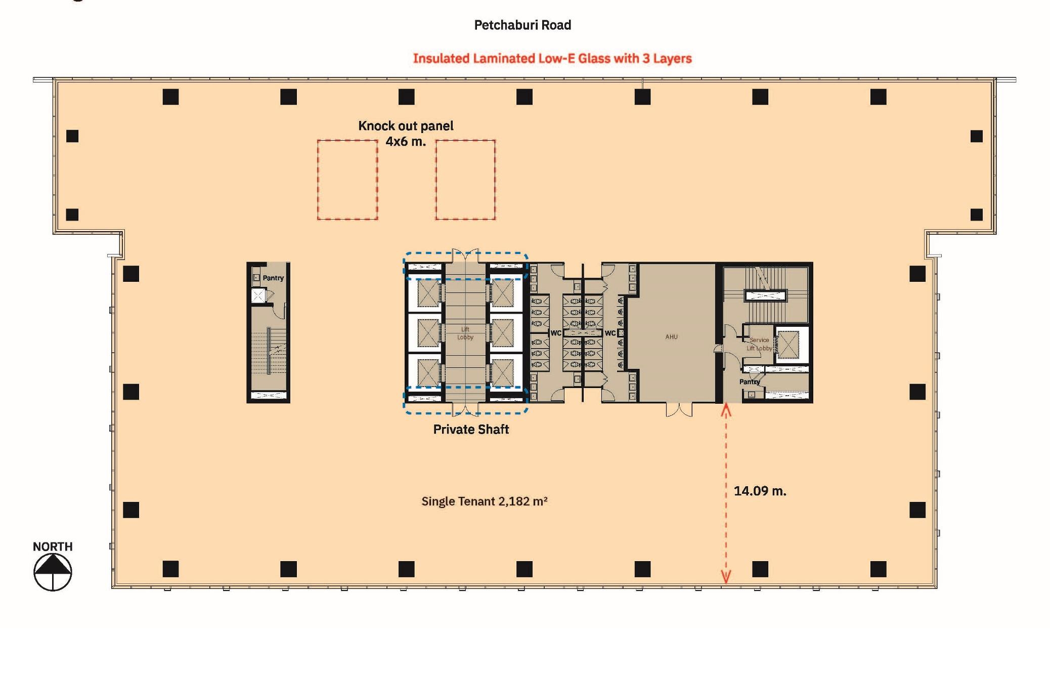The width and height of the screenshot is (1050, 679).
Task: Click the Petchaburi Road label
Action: click(x=522, y=25)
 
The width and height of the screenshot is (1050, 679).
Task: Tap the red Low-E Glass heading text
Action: click(x=552, y=58)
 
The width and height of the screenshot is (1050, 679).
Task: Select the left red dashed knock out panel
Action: click(x=347, y=180)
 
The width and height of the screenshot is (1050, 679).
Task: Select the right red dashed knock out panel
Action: click(x=465, y=180)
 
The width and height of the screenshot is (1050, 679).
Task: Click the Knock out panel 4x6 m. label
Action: click(x=406, y=134)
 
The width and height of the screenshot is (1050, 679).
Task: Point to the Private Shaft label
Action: click(x=471, y=429)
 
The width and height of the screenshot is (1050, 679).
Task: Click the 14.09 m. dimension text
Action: click(x=760, y=491)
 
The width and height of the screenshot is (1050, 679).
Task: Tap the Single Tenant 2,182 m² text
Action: click(x=484, y=501)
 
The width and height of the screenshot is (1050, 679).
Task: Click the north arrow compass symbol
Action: click(x=53, y=572)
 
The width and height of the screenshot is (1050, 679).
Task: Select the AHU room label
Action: click(x=671, y=336)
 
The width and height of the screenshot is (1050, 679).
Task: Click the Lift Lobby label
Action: click(x=465, y=333)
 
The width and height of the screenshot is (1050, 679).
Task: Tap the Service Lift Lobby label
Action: click(x=759, y=344)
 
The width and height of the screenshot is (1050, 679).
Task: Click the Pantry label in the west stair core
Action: click(x=273, y=278)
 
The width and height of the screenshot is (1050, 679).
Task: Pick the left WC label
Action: click(x=555, y=333)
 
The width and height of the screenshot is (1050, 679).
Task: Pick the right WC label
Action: click(x=610, y=333)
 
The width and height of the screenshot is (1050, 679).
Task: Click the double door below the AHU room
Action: click(x=679, y=410)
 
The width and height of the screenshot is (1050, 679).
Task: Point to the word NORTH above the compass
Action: click(x=53, y=546)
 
